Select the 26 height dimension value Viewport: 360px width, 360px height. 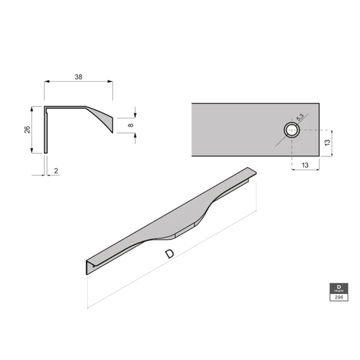tap(27, 129)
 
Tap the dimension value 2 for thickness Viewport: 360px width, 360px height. tap(56, 171)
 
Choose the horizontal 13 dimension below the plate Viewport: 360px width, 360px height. tap(305, 165)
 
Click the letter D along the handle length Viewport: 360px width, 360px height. tap(169, 254)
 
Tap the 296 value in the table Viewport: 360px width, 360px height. tap(338, 297)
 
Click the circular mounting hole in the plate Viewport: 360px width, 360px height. tap(291, 130)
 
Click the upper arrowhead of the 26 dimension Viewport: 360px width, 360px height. tap(32, 109)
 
